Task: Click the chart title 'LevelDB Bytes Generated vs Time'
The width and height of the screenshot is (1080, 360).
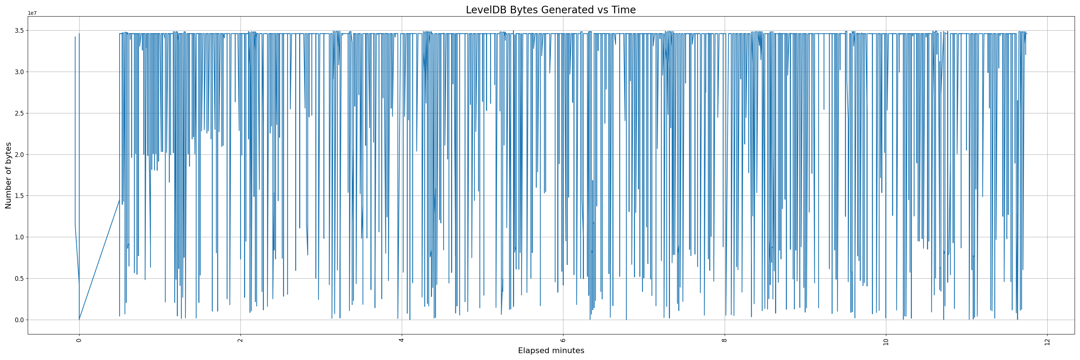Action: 550,10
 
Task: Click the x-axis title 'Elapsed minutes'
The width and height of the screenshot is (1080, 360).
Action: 551,351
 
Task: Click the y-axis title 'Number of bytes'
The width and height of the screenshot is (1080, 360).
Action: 8,175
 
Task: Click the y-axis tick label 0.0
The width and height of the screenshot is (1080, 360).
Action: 19,320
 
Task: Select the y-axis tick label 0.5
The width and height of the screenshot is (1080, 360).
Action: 19,279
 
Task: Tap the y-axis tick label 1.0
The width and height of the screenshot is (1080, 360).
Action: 19,237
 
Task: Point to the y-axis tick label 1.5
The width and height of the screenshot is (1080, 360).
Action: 19,196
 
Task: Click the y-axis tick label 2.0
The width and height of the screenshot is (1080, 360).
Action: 19,155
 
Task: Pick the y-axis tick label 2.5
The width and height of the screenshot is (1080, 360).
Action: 19,113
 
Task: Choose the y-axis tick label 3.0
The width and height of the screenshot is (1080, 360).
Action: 19,72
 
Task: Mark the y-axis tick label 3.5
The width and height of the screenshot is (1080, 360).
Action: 19,31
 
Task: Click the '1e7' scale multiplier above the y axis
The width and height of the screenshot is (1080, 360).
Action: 32,13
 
